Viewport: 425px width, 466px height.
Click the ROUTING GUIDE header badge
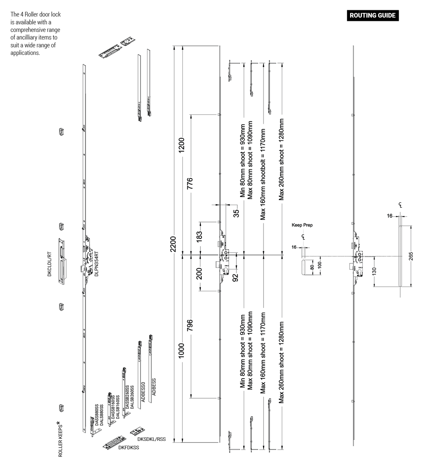373,16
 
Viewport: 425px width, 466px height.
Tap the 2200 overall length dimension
174,244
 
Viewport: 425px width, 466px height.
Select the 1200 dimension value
182,145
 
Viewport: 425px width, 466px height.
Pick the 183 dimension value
199,236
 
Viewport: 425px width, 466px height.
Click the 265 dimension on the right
411,256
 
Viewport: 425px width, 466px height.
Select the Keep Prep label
302,225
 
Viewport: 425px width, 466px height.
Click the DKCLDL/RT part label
50,264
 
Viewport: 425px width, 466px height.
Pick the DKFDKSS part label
129,448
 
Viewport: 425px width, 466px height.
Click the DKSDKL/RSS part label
151,439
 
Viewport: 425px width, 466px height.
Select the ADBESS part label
154,387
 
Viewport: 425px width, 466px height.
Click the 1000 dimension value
181,350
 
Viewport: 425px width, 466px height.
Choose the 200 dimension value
199,274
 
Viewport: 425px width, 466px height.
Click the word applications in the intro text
25,53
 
